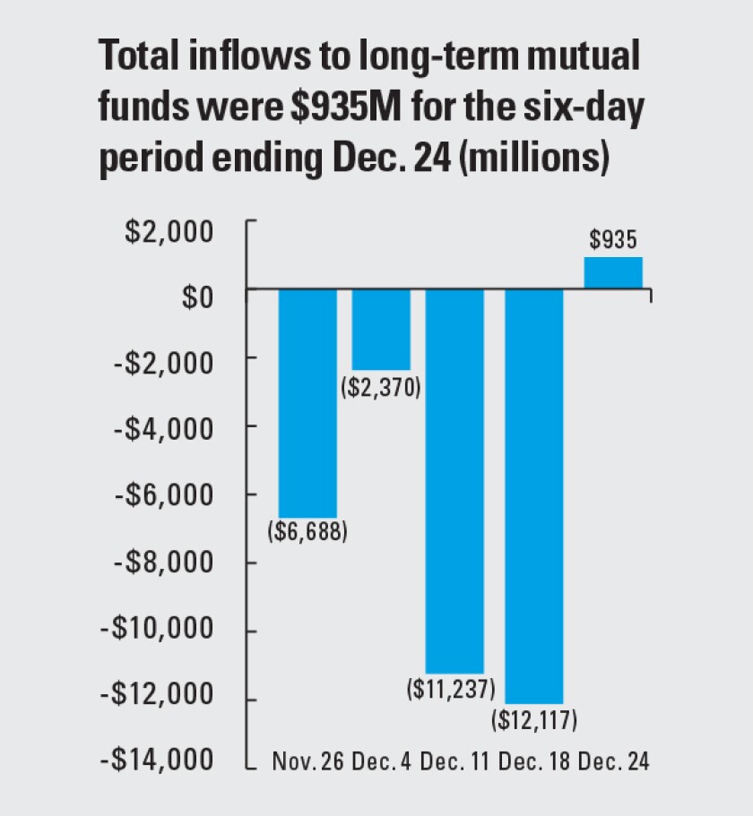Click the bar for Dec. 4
[x=381, y=329]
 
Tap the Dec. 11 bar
[x=454, y=480]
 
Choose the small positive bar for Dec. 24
[x=613, y=272]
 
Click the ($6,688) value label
[x=307, y=531]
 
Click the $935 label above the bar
[x=613, y=240]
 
